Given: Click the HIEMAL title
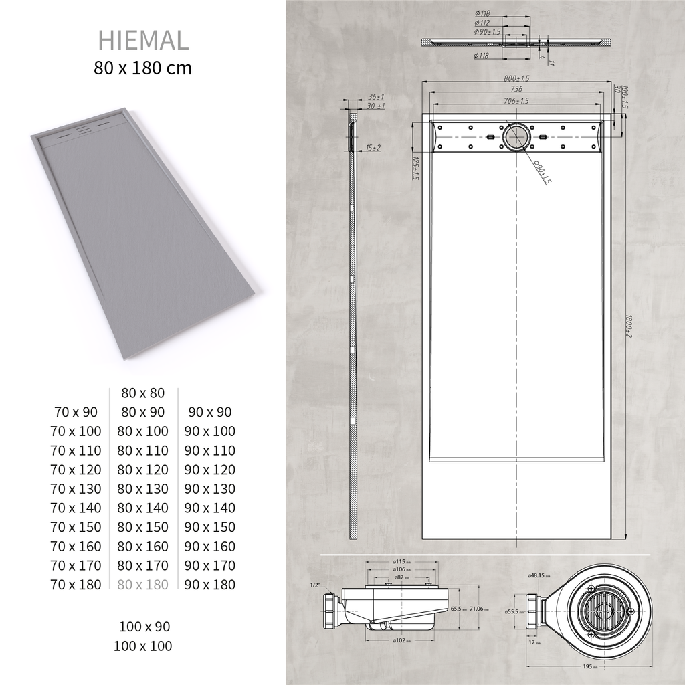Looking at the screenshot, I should click(143, 40).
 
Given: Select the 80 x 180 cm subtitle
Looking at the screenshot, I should click(143, 68).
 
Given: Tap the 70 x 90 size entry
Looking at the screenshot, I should click(76, 412).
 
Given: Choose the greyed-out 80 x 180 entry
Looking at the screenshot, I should click(142, 585).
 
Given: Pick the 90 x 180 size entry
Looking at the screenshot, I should click(210, 585).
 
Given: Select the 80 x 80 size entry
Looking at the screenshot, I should click(142, 393).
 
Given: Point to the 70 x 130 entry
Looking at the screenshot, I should click(76, 489).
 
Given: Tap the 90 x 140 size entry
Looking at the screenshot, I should click(210, 508).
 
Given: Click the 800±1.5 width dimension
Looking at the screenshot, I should click(516, 78).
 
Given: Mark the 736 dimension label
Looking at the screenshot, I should click(516, 89).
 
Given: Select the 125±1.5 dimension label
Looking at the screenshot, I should click(415, 169).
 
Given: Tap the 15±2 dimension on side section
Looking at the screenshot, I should click(373, 147).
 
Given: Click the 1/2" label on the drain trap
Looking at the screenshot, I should click(314, 585).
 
